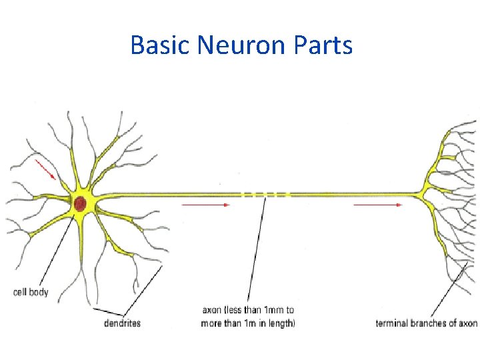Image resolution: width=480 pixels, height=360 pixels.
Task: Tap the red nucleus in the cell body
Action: (80, 203)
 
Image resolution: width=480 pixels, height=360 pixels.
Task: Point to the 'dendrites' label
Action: (122, 323)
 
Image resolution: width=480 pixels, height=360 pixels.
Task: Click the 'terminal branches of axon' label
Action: (426, 323)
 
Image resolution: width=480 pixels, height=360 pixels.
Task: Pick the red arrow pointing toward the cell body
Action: (45, 169)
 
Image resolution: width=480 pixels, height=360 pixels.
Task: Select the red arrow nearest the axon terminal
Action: (377, 205)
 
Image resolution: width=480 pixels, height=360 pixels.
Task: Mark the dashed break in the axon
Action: (265, 195)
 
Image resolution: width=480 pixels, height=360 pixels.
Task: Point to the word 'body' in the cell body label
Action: (39, 292)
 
